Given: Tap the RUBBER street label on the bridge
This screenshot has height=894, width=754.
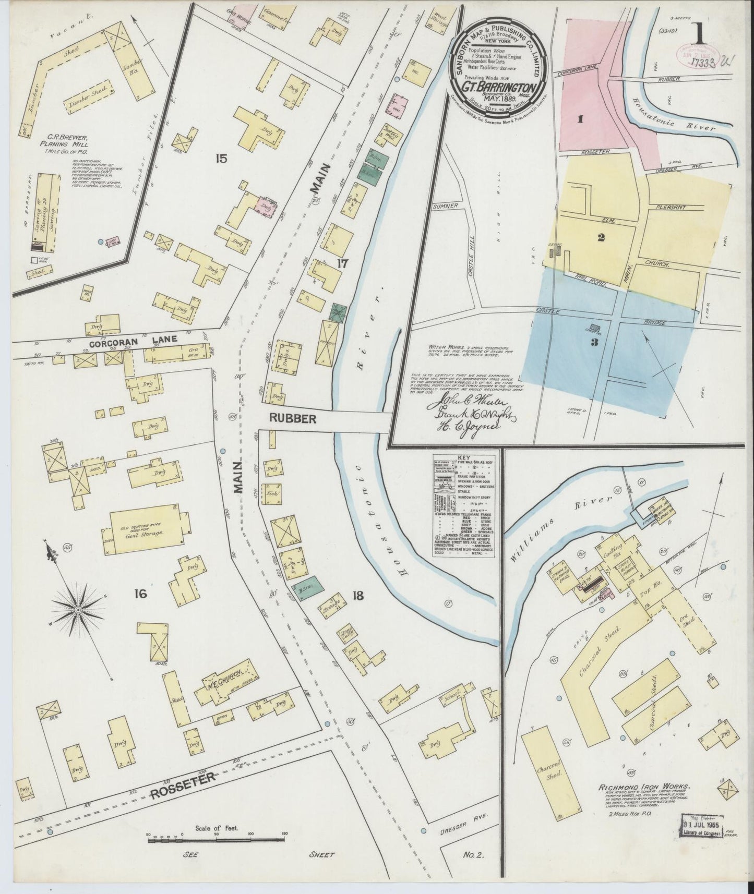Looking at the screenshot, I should (293, 418).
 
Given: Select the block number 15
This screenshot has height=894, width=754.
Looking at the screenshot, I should (222, 158).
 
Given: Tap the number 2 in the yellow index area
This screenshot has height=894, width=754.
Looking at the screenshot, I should (601, 237).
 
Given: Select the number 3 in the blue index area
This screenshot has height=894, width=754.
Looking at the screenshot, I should (594, 343).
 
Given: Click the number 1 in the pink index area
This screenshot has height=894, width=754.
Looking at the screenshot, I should (579, 119).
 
